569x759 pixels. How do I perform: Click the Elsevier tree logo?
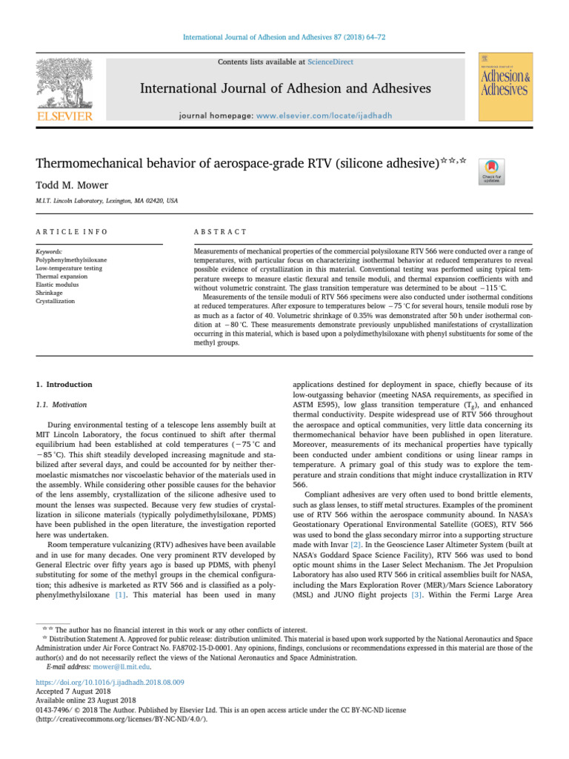pos(65,84)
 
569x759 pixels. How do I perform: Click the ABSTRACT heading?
pos(220,232)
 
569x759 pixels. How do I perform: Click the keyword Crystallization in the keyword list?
pos(56,302)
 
